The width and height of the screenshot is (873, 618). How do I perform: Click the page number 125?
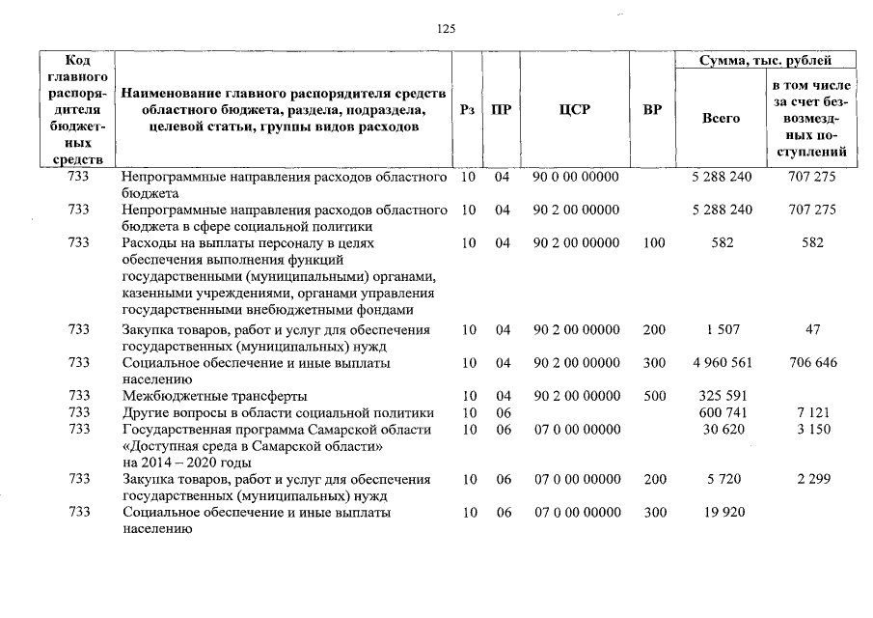(446, 29)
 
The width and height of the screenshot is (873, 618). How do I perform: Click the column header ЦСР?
(574, 110)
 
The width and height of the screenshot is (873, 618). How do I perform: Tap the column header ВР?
(653, 110)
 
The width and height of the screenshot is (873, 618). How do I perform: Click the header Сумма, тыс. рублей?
(765, 61)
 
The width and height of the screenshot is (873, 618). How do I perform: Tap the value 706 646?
(812, 363)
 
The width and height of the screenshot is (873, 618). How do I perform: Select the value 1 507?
(723, 330)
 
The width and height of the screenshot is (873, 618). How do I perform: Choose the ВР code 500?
(653, 396)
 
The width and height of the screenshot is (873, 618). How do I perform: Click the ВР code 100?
(653, 243)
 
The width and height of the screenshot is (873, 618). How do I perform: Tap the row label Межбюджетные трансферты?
(214, 396)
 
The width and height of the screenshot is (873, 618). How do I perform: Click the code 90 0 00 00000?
(576, 177)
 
